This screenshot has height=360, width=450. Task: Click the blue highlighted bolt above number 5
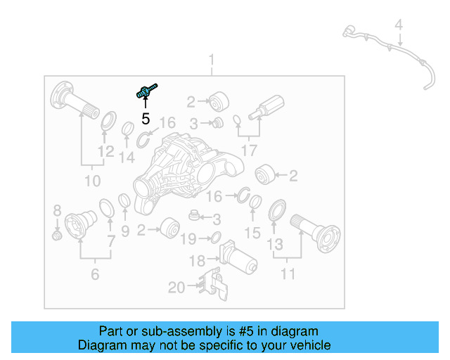point(146,91)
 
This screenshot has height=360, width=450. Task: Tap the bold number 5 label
point(146,119)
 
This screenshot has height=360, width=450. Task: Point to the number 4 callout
point(398,26)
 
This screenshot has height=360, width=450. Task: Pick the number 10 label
point(92,181)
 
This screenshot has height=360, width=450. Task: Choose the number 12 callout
point(105,152)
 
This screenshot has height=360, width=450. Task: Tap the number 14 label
point(127,158)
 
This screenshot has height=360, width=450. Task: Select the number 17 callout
point(248,150)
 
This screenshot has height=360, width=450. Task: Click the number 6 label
point(94,274)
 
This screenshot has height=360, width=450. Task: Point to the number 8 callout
point(58,210)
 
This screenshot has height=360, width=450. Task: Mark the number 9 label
point(125,231)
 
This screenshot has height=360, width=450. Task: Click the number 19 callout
point(188,239)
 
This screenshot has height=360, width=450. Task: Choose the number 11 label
point(288,274)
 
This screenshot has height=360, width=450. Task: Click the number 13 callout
point(275,244)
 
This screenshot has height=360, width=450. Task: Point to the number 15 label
point(252,232)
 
